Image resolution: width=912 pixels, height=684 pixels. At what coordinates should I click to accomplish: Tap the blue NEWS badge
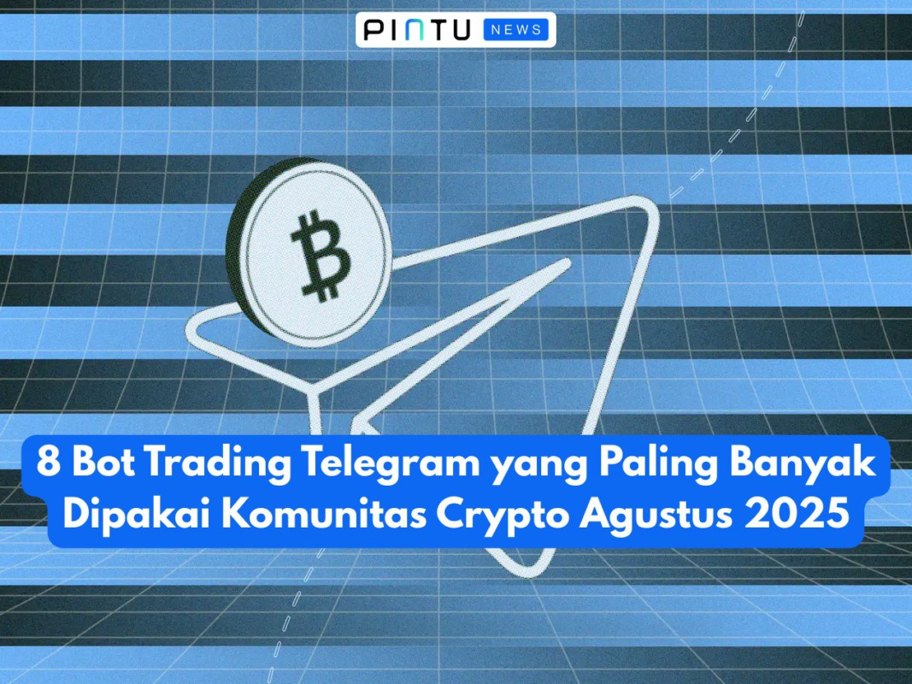515,30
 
